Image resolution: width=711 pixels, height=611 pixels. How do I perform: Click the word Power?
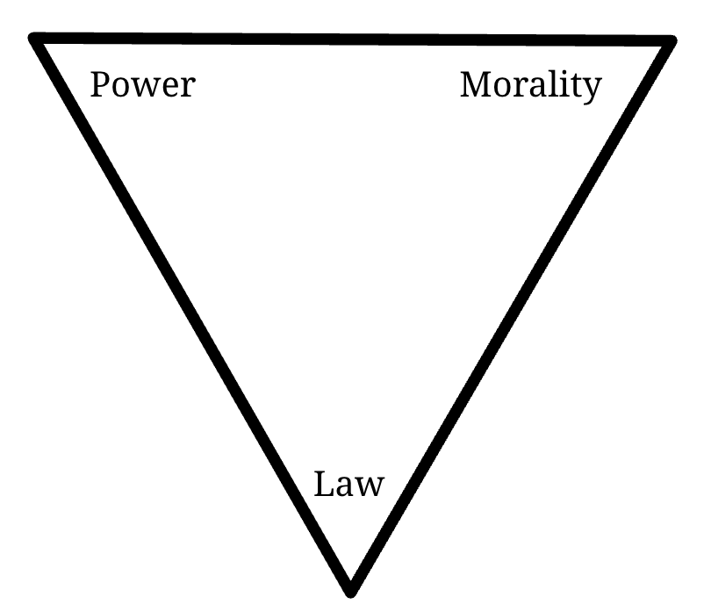point(142,85)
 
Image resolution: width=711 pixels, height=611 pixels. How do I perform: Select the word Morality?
point(531,85)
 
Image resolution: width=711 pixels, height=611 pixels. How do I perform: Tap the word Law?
point(349,484)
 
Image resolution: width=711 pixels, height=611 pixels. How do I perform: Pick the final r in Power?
point(187,88)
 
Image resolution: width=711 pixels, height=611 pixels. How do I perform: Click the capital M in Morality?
point(476,85)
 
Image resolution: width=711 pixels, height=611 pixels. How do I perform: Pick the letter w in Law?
point(370,487)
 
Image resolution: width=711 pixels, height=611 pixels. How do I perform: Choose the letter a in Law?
point(345,487)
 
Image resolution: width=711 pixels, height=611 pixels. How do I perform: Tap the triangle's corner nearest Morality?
point(671,42)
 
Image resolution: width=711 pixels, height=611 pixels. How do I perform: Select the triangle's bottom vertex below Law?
point(351,589)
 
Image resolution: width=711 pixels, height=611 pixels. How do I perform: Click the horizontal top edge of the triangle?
point(351,40)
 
